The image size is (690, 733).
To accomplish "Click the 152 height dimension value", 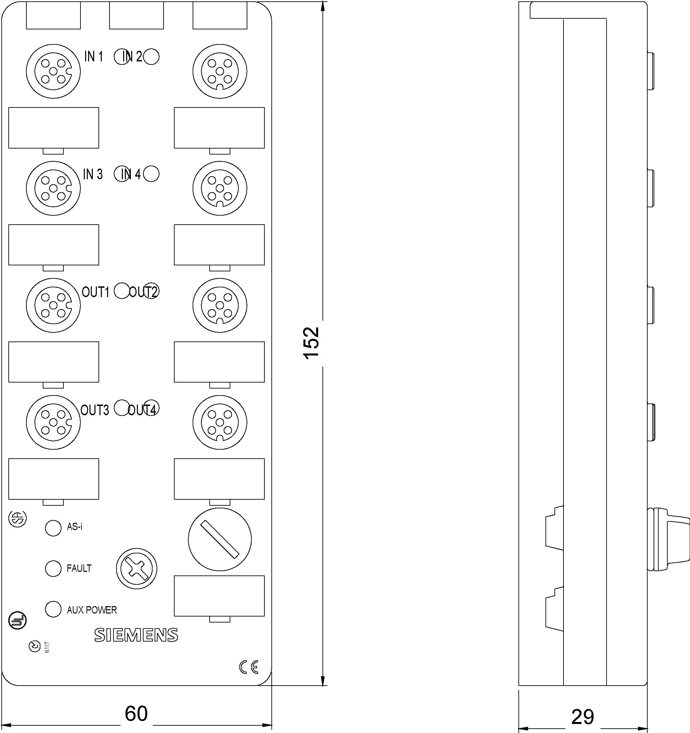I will (x=310, y=343).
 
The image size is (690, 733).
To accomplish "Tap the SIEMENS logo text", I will (x=136, y=635).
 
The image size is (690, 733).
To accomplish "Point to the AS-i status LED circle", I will (x=53, y=528).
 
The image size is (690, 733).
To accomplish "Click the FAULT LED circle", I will (x=53, y=568).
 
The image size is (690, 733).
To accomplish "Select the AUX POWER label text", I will (x=91, y=610).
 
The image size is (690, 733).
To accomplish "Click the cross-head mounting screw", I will (x=137, y=568).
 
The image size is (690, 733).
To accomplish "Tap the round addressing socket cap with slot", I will (x=220, y=539).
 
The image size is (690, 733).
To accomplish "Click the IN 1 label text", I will (x=94, y=57).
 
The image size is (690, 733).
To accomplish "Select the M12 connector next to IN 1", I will (x=53, y=71).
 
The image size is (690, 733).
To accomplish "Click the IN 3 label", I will (x=93, y=174).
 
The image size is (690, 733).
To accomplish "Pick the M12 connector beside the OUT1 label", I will (x=53, y=305).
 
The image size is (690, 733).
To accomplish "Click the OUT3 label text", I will (x=95, y=410).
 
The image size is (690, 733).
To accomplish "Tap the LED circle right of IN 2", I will (x=151, y=57).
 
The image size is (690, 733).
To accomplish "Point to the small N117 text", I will (x=47, y=648).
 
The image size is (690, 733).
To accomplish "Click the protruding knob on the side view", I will (x=668, y=539).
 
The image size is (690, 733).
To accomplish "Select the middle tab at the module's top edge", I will (x=137, y=15).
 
